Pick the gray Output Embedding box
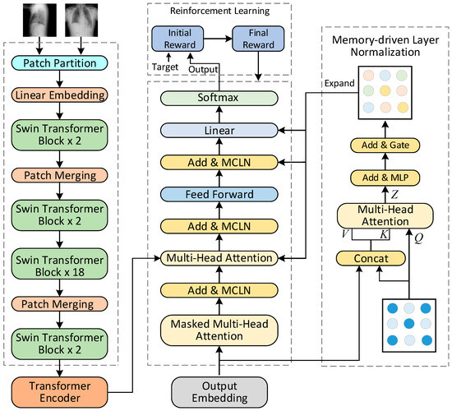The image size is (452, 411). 211,389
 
